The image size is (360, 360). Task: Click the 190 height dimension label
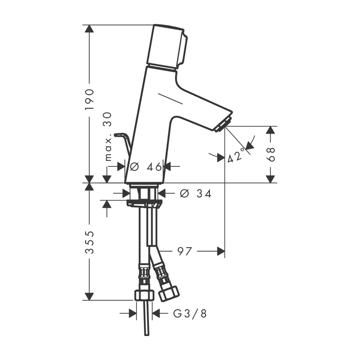(x=90, y=100)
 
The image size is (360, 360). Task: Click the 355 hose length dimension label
(x=90, y=242)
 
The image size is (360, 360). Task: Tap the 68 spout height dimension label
(x=271, y=154)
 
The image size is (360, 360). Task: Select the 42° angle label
(x=236, y=155)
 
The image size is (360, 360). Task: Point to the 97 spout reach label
(x=184, y=252)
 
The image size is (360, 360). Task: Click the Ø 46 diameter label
(x=146, y=167)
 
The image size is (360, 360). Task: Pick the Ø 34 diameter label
(x=195, y=194)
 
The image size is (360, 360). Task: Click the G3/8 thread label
(x=190, y=313)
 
